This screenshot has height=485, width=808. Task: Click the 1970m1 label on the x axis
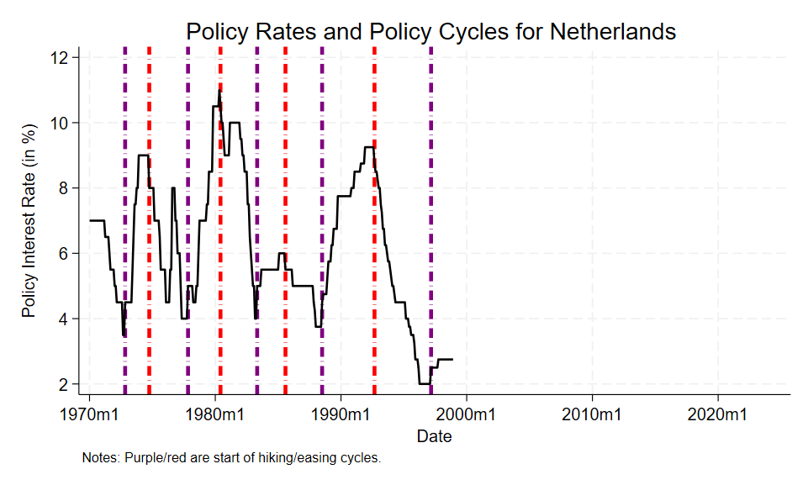click(89, 414)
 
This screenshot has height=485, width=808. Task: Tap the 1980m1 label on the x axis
click(215, 414)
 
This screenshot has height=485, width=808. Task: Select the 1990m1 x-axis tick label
click(341, 414)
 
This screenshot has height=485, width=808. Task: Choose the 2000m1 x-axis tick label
click(467, 414)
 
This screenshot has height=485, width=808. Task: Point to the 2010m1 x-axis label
click(593, 414)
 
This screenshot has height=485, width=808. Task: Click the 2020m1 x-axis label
click(718, 414)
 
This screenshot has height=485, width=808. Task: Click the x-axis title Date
click(434, 436)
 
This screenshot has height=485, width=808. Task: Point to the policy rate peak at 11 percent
click(219, 91)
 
